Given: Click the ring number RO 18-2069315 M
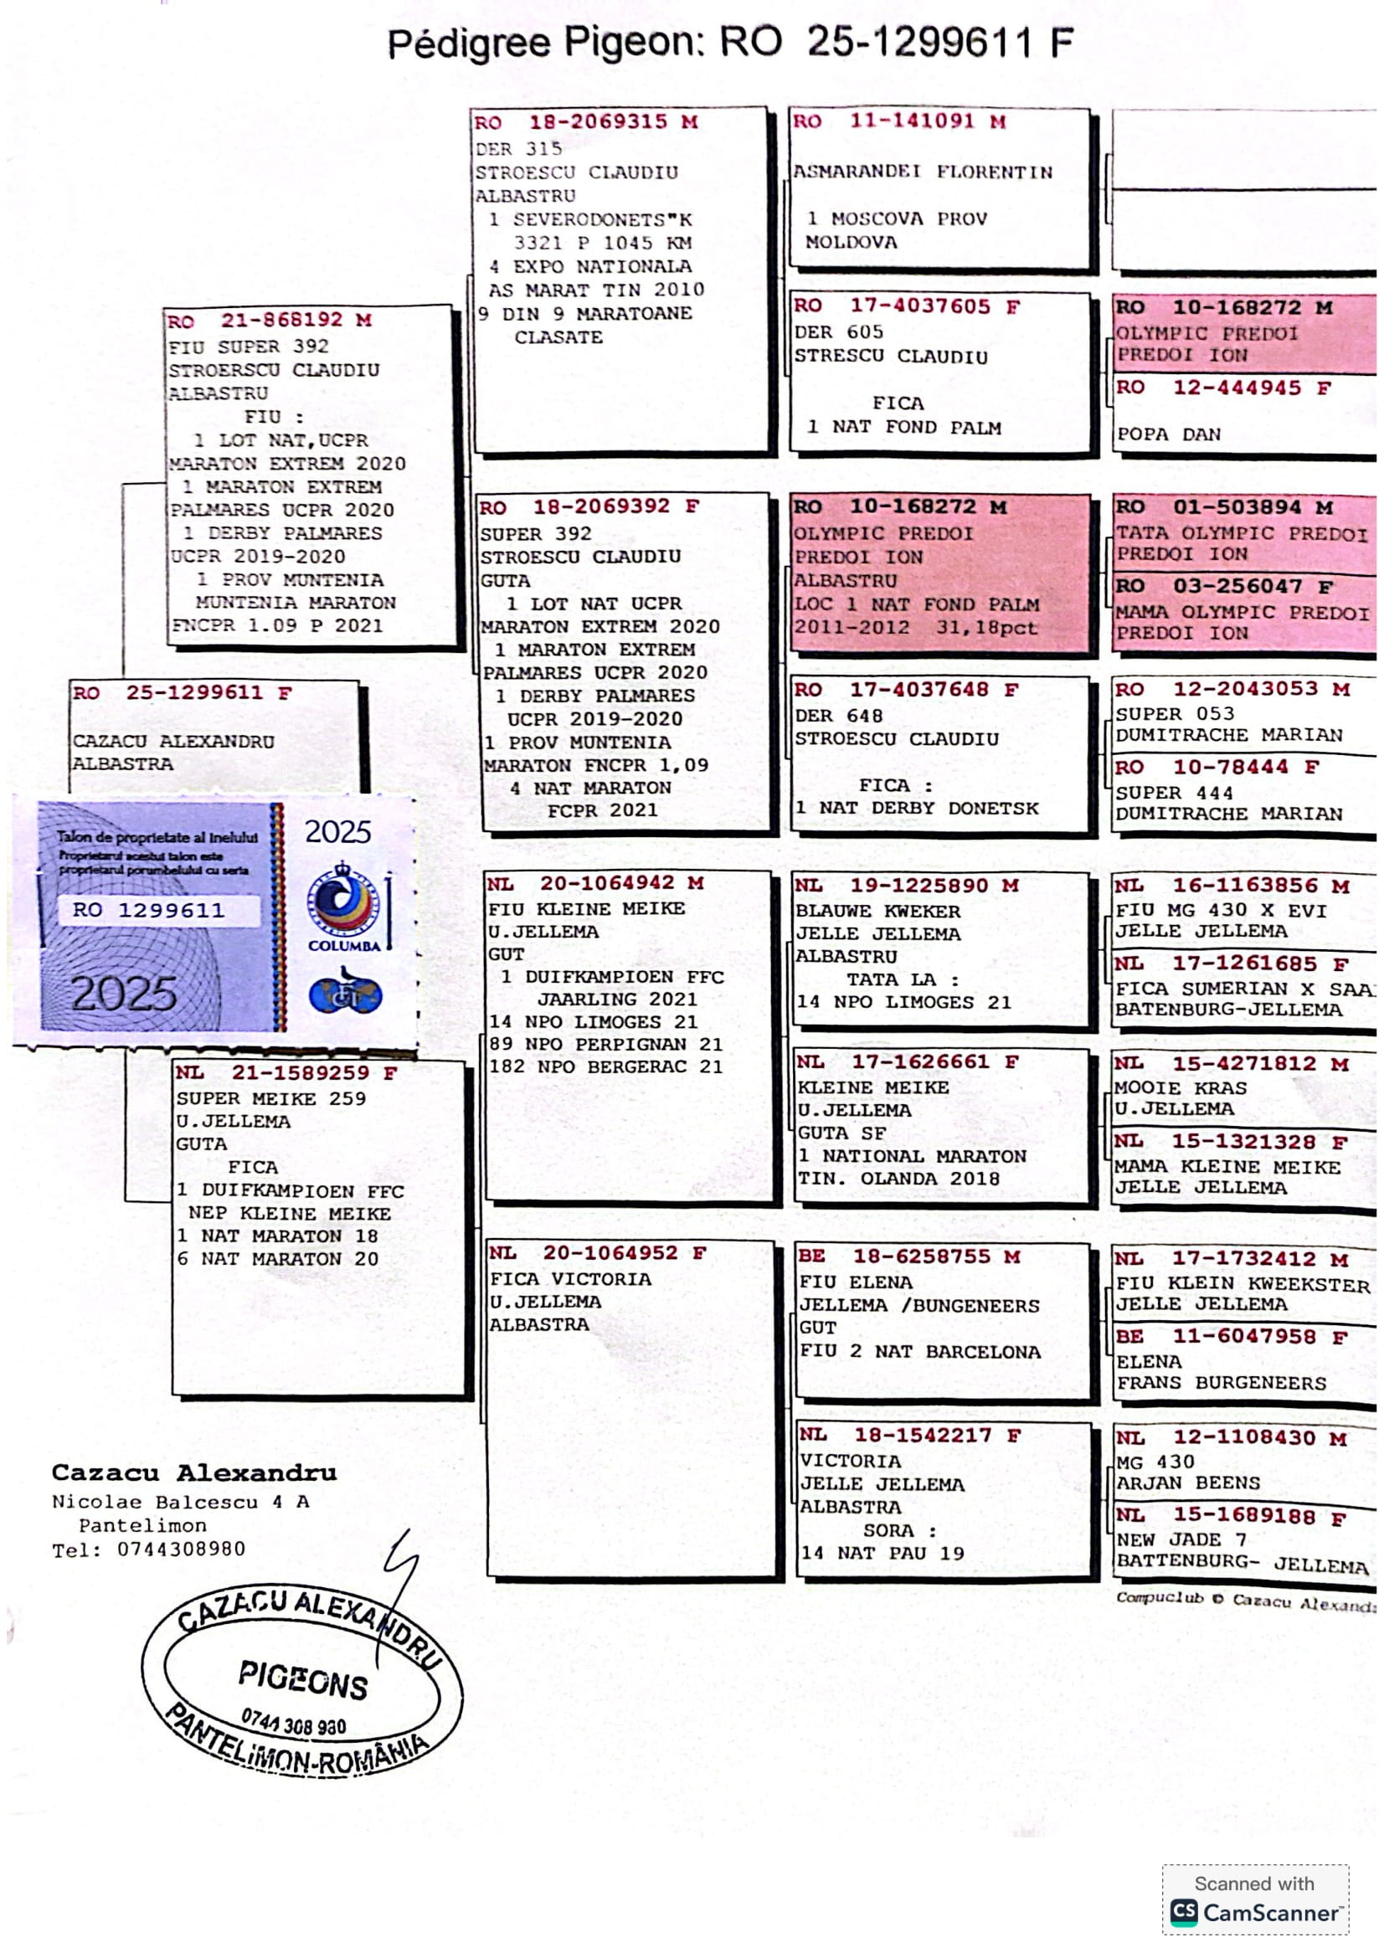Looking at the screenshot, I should [x=587, y=122].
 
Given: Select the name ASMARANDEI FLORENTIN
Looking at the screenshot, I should [x=923, y=172].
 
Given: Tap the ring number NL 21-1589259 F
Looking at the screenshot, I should [x=286, y=1073].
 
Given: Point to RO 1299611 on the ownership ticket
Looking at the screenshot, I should [x=148, y=910].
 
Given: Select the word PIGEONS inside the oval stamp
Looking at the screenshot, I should [x=303, y=1681].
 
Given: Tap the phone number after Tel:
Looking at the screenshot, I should [x=181, y=1549].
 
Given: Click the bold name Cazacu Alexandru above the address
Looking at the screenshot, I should [x=193, y=1472].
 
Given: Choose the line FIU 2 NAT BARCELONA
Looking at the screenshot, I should [x=919, y=1352].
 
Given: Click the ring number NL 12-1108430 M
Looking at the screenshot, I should [x=1232, y=1438].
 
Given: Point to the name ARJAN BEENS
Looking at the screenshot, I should [x=1188, y=1483].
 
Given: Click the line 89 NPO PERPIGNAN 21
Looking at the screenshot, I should [x=605, y=1044].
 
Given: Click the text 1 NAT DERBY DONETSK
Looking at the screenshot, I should [x=917, y=808].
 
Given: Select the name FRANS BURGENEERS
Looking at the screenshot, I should [x=1221, y=1383].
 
